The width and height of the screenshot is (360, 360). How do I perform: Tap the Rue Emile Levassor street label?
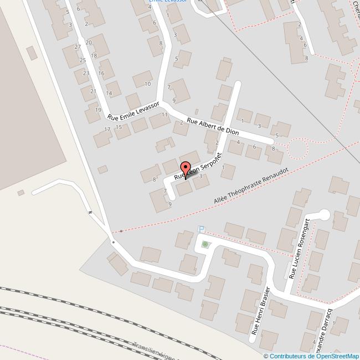[x=134, y=111]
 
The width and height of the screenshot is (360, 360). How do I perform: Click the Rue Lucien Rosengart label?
[x=297, y=251]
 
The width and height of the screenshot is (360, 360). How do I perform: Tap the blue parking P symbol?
[x=202, y=229]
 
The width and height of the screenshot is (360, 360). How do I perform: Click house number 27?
[x=78, y=48]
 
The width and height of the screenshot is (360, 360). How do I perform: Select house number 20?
[x=88, y=43]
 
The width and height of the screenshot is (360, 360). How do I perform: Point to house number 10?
[x=147, y=84]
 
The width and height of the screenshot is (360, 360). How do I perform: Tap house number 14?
[x=109, y=93]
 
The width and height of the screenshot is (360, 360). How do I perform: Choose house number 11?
[x=164, y=115]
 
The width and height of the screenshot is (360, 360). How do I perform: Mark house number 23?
[x=86, y=73]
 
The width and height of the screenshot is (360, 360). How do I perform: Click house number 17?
[x=107, y=129]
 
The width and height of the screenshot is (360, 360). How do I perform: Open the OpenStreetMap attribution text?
[x=311, y=356]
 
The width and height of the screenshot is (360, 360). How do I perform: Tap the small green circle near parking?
[x=205, y=244]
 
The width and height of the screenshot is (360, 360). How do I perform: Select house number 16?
[x=101, y=73]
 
